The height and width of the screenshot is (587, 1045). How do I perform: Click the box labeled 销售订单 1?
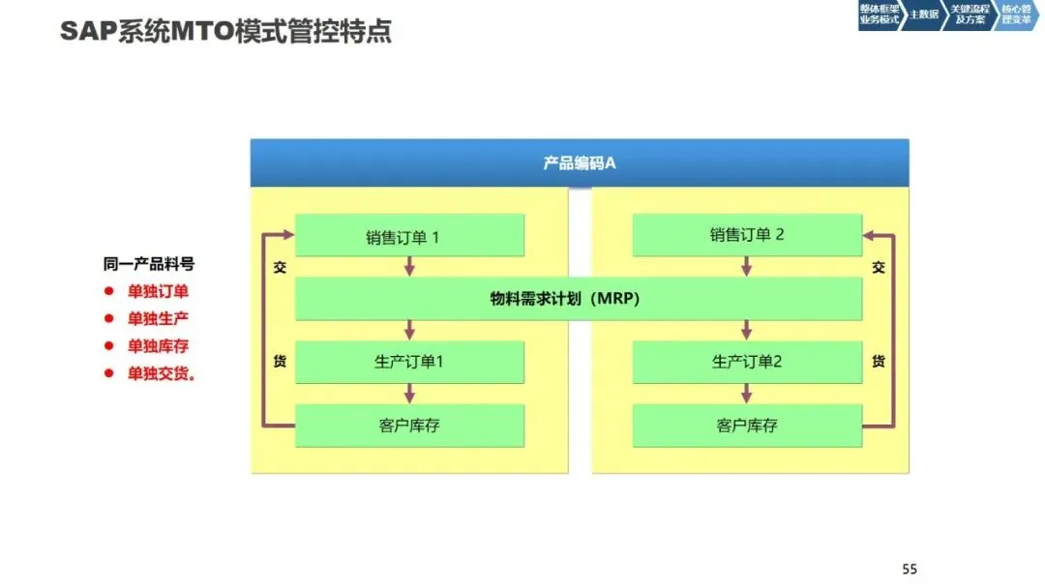pyautogui.click(x=409, y=235)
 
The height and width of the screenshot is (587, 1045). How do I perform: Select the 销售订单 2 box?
pyautogui.click(x=747, y=235)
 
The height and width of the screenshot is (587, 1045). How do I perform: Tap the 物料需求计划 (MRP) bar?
pyautogui.click(x=579, y=299)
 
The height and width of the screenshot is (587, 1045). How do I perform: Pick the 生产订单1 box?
pyautogui.click(x=409, y=362)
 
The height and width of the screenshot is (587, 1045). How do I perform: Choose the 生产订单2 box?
pyautogui.click(x=747, y=362)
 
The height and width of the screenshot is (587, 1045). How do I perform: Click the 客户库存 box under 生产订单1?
pyautogui.click(x=409, y=426)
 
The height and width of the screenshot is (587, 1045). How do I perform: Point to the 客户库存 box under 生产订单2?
pyautogui.click(x=747, y=426)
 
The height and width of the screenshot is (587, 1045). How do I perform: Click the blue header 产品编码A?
pyautogui.click(x=579, y=162)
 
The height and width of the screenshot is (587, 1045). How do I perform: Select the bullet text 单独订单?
pyautogui.click(x=158, y=291)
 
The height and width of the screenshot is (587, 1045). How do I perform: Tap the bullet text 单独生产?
pyautogui.click(x=158, y=318)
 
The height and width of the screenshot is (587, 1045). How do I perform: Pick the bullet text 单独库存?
pyautogui.click(x=158, y=346)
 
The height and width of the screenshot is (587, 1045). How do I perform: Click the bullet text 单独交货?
pyautogui.click(x=161, y=373)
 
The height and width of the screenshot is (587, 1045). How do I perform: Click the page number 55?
pyautogui.click(x=909, y=569)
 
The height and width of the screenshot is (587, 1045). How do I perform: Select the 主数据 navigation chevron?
pyautogui.click(x=923, y=15)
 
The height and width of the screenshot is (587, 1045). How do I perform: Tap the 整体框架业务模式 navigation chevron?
pyautogui.click(x=879, y=15)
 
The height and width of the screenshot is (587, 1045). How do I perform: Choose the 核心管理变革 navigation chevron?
pyautogui.click(x=1016, y=15)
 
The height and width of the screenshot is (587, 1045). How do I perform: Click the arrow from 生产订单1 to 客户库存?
pyautogui.click(x=409, y=394)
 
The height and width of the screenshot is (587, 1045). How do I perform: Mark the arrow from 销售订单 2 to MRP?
pyautogui.click(x=746, y=267)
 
